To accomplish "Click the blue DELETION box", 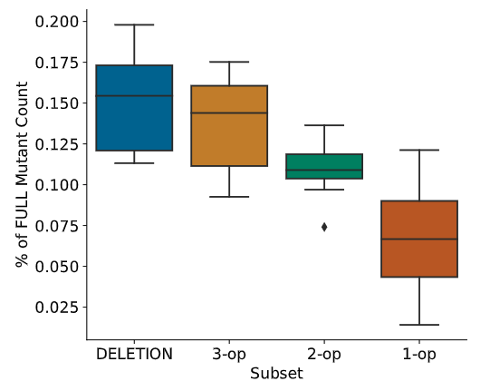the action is (134, 108).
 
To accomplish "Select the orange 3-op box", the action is (229, 125).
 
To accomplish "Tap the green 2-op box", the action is (324, 166).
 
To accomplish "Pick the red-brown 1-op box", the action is (419, 239).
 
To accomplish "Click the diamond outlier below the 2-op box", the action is (324, 227).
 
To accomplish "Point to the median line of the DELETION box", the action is (134, 96).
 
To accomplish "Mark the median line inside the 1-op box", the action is (419, 239).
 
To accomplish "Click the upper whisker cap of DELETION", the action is (134, 24).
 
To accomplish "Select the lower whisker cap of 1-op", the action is (419, 325).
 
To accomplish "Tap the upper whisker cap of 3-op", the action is (229, 62).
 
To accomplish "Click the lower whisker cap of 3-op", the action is (229, 197).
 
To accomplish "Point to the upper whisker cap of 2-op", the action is (324, 125).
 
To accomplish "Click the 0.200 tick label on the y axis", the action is (56, 22).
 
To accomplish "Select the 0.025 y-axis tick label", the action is (56, 308).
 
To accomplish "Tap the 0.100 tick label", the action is (56, 185).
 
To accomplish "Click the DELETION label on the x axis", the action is (134, 354).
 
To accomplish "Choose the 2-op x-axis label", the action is (324, 355).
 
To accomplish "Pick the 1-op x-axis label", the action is (419, 355).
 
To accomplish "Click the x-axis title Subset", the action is (276, 374).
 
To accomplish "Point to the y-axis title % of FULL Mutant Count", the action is (22, 175).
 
